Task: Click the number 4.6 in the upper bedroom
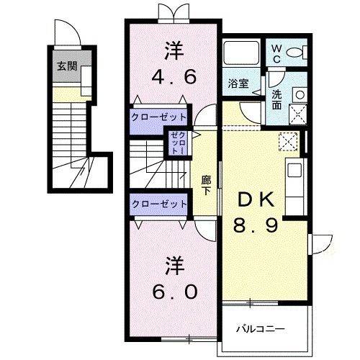(173, 76)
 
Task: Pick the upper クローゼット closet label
(159, 117)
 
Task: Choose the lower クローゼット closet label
(159, 204)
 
